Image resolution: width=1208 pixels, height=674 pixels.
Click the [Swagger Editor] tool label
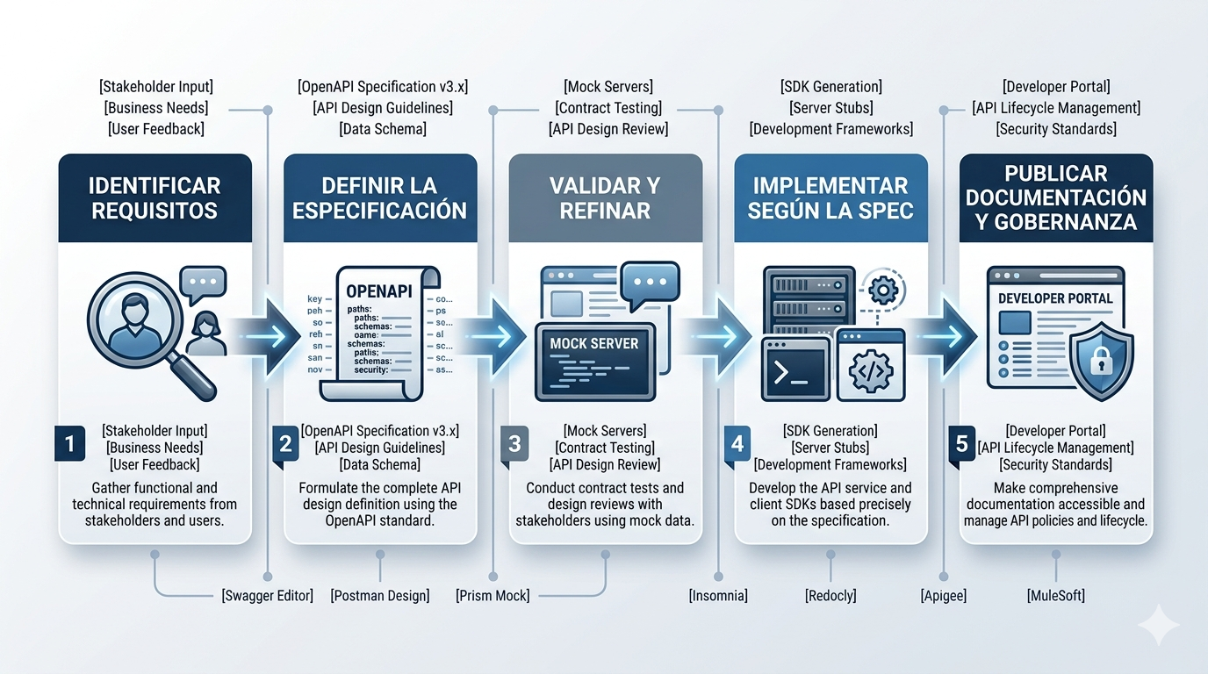pos(267,596)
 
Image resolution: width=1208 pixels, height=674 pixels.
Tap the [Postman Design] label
pos(380,596)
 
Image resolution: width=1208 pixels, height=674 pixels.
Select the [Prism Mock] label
pos(493,596)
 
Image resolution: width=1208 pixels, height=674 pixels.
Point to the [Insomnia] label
pos(718,596)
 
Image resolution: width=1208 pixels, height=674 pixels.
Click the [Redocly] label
pos(830,596)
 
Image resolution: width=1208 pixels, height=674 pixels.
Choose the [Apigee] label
pos(944,596)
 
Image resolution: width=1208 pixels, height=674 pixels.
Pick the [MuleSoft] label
pos(1056,596)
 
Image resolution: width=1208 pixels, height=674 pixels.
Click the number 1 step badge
pos(70,443)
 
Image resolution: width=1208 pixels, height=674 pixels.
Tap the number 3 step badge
pos(515,443)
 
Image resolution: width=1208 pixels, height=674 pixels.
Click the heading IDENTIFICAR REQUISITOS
pos(155,198)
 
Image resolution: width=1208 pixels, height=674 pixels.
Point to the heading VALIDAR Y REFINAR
pos(605,198)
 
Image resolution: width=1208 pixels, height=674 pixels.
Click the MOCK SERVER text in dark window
pos(594,343)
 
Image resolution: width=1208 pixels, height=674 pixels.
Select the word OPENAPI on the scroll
pos(379,291)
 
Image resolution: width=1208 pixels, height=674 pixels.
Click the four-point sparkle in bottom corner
pos(1158,624)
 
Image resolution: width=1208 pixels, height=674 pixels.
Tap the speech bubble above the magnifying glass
pos(202,283)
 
